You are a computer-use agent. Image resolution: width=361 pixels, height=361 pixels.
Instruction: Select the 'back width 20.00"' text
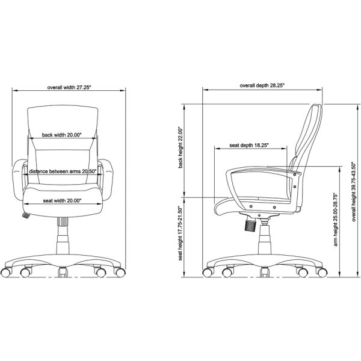pyautogui.click(x=62, y=135)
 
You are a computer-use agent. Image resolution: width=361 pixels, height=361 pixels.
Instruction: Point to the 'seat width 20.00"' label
pyautogui.click(x=63, y=200)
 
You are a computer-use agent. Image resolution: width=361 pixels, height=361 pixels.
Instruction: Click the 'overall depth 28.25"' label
pyautogui.click(x=262, y=86)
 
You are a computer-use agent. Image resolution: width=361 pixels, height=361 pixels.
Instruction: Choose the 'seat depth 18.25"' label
pyautogui.click(x=249, y=145)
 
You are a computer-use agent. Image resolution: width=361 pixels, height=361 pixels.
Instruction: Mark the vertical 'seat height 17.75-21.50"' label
pyautogui.click(x=180, y=234)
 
